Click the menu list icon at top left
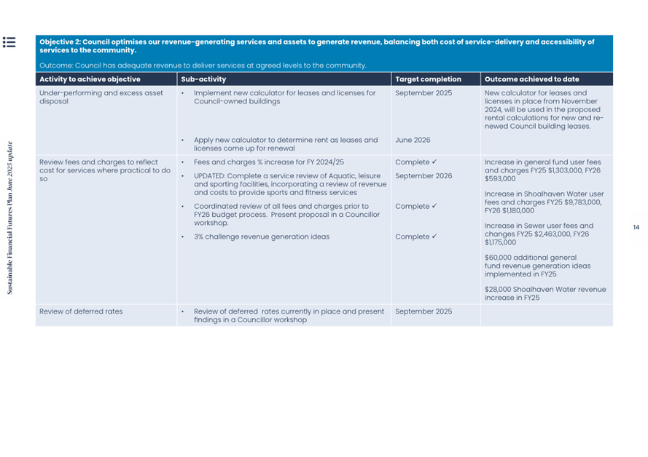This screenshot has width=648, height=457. (9, 42)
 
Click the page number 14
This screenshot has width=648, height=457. (636, 228)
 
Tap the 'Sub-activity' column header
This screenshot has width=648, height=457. (203, 79)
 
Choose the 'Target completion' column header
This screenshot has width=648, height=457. (428, 79)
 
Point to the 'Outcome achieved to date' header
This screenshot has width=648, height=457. (531, 79)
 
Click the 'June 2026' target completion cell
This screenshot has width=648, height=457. (413, 140)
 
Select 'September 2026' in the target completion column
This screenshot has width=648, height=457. (423, 176)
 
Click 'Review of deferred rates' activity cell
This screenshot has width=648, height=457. (81, 311)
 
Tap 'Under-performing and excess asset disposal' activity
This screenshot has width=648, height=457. (101, 97)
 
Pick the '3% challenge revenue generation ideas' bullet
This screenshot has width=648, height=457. (261, 237)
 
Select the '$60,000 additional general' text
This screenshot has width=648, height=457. (530, 258)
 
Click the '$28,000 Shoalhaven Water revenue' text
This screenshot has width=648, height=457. (544, 290)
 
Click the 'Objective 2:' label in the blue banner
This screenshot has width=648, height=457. (60, 42)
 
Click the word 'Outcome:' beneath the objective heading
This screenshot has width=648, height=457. (56, 65)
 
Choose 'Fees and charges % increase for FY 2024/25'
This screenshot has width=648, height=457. (268, 162)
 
